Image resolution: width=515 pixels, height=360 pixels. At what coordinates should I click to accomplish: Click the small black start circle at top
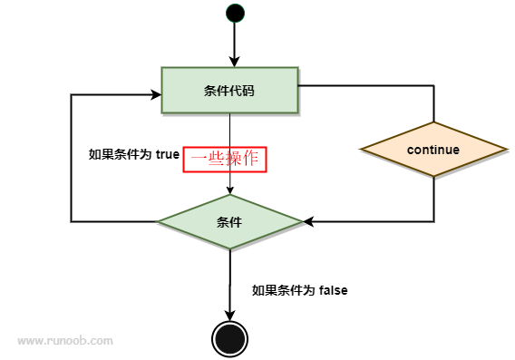[x=235, y=13]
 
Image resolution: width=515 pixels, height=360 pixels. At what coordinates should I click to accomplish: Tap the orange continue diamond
[x=433, y=150]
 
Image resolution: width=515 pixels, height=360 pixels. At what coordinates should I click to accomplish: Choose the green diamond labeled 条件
[x=229, y=221]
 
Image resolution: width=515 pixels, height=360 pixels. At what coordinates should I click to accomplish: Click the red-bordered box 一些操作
[x=227, y=158]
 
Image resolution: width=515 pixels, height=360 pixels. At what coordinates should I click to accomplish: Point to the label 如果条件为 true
[x=134, y=154]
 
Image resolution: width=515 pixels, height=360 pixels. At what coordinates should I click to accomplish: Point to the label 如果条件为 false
[x=300, y=290]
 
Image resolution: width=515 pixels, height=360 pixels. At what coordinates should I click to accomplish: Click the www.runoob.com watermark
[x=65, y=341]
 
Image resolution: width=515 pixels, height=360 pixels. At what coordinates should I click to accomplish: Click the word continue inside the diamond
[x=433, y=150]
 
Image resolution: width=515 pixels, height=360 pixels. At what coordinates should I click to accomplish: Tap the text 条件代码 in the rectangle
[x=229, y=90]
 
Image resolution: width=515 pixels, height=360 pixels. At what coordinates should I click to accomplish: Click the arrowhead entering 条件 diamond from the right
[x=307, y=221]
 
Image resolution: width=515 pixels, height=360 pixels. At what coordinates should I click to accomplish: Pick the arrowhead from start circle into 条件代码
[x=235, y=61]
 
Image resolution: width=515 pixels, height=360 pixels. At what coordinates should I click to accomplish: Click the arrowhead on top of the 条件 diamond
[x=229, y=190]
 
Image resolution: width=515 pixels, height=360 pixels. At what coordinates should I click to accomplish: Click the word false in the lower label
[x=334, y=290]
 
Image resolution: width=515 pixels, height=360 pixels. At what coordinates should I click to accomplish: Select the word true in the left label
[x=168, y=154]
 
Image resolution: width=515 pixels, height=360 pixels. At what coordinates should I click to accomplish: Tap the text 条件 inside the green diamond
[x=229, y=222]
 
